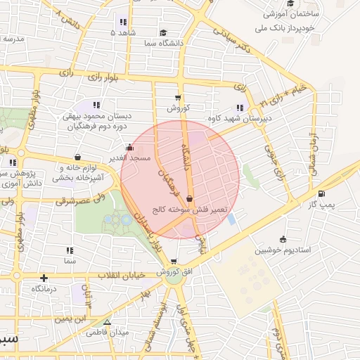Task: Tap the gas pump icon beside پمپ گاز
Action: click(x=321, y=193)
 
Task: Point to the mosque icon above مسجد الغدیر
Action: click(x=129, y=148)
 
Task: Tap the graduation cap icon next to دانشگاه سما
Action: click(x=163, y=32)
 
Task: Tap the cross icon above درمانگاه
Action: click(x=44, y=278)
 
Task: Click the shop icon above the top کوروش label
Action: click(x=177, y=98)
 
